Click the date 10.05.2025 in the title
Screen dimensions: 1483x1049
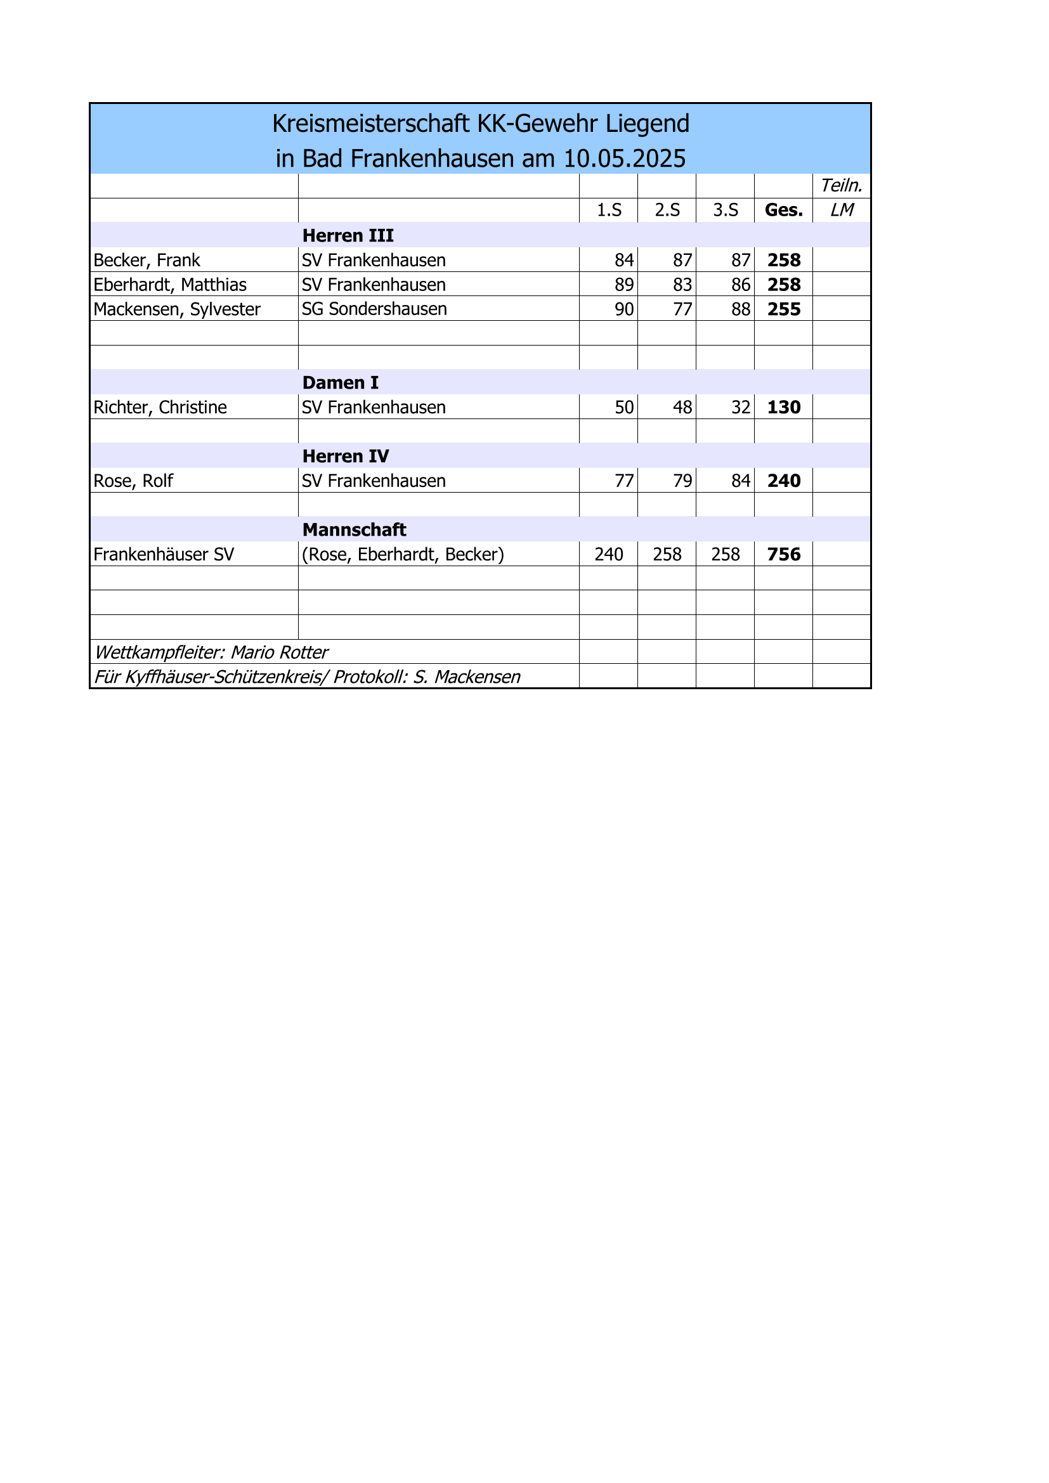(624, 159)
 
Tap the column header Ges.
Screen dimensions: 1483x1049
(783, 210)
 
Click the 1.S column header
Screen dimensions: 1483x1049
(608, 210)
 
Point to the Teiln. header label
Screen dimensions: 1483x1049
(841, 186)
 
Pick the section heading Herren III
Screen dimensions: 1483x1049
(348, 236)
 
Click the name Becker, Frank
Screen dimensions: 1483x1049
(147, 261)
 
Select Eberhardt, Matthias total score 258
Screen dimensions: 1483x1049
(783, 285)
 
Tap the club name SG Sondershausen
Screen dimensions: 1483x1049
(374, 309)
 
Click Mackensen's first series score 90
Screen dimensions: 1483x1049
(623, 309)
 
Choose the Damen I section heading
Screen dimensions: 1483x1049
(340, 383)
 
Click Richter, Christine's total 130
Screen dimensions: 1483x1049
(783, 408)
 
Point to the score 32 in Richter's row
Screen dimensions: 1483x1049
(740, 408)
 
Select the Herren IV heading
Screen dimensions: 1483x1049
(346, 457)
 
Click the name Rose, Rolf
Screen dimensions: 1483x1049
(133, 481)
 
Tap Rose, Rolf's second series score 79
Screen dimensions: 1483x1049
(682, 481)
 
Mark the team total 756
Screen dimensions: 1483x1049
(783, 555)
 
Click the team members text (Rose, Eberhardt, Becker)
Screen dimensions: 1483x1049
(403, 555)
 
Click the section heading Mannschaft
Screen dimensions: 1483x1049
(354, 530)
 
